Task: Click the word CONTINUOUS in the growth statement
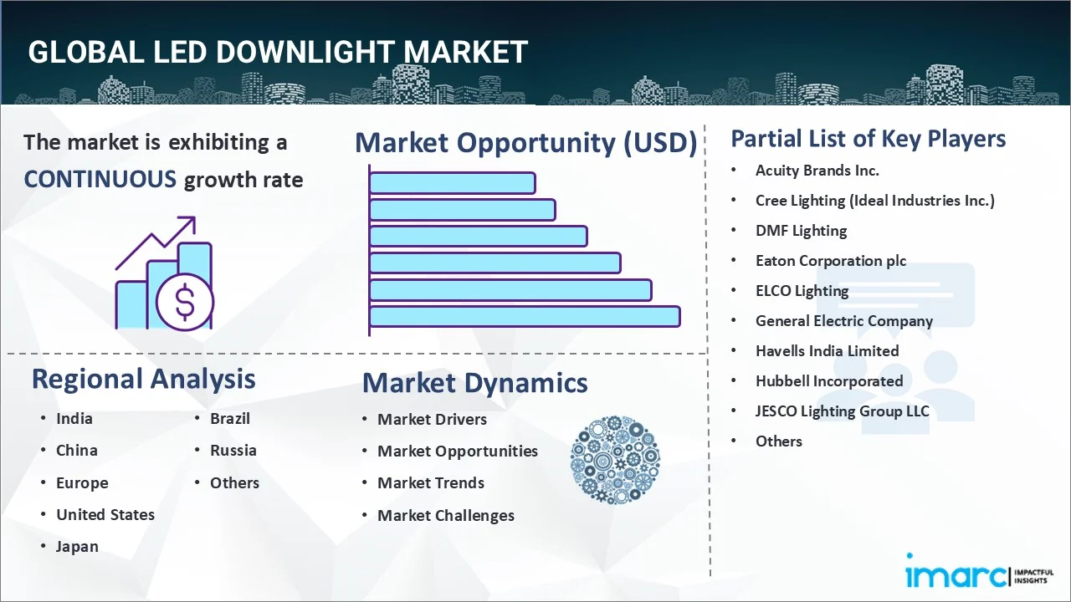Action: point(100,180)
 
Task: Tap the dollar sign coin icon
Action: point(185,303)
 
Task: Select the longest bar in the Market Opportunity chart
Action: point(525,317)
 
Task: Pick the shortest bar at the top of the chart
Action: point(453,183)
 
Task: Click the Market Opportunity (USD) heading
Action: point(526,143)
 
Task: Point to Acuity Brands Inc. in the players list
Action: point(817,171)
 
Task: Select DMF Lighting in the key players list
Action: point(801,231)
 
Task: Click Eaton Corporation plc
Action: point(831,261)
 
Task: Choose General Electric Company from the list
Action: point(844,321)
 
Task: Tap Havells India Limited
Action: point(828,351)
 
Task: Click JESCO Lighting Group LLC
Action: point(842,411)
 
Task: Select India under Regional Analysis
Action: point(74,419)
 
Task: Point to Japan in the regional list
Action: point(77,547)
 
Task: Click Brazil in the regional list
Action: point(230,419)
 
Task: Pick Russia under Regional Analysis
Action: point(233,451)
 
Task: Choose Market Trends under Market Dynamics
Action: point(431,483)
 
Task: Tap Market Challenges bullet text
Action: point(446,516)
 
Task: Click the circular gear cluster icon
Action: point(615,460)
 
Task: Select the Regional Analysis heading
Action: point(143,379)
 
